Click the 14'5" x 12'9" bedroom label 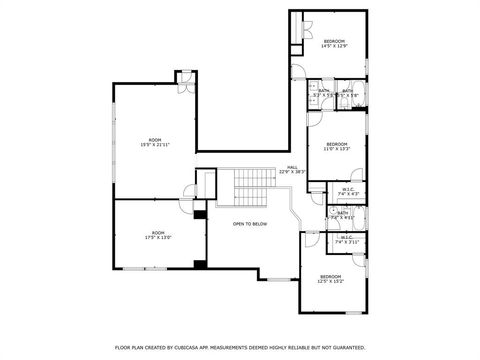[333, 43]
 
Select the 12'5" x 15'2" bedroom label [331, 278]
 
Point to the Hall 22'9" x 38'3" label [293, 169]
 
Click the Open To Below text [250, 224]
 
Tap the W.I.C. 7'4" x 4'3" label [348, 191]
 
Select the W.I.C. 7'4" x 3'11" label [347, 240]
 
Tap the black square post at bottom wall [201, 264]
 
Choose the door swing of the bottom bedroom [311, 240]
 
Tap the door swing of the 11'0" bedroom [314, 120]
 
